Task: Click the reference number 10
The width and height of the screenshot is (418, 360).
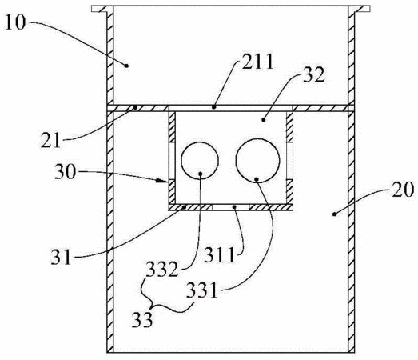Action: (15, 22)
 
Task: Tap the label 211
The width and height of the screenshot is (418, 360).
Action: (258, 62)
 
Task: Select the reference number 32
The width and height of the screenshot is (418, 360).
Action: (314, 74)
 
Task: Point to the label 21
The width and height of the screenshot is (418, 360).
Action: (50, 140)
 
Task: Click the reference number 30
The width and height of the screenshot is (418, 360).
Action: (66, 172)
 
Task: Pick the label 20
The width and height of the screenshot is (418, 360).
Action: (403, 190)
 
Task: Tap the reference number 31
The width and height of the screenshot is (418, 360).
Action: (62, 257)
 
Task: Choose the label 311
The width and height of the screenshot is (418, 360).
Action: (220, 255)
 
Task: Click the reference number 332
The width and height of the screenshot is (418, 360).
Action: (162, 270)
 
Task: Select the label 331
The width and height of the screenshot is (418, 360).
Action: (201, 290)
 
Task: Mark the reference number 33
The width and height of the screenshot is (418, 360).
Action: (142, 319)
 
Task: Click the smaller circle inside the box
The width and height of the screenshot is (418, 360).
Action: (200, 160)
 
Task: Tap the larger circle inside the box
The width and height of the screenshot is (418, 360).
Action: (257, 160)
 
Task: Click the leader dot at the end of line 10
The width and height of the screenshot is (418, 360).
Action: (126, 66)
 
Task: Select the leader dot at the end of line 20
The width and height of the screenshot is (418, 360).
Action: (334, 214)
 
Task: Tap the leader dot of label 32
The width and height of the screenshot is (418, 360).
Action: (264, 120)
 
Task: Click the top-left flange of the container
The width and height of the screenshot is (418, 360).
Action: (102, 9)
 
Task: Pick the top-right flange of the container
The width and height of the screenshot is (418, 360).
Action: (359, 9)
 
